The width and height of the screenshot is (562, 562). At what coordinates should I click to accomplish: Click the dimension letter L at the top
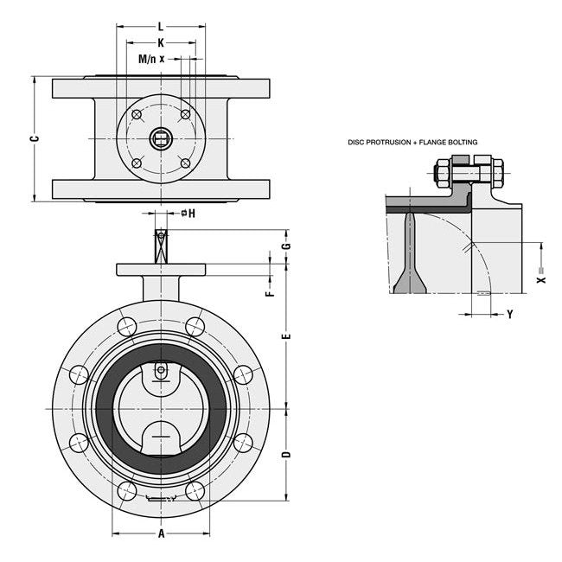161,27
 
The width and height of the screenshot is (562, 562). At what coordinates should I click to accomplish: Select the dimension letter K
161,42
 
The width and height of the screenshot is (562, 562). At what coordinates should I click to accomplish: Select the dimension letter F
270,293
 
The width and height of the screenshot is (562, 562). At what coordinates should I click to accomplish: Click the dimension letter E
286,335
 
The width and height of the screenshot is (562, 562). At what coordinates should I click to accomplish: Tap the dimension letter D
286,455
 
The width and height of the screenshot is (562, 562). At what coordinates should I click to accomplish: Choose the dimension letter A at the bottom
161,533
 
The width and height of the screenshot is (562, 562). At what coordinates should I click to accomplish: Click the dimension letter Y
509,315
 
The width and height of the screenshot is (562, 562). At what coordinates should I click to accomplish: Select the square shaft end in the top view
161,137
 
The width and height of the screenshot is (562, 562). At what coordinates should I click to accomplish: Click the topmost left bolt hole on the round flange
126,327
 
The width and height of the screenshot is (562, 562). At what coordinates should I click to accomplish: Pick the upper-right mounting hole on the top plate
185,114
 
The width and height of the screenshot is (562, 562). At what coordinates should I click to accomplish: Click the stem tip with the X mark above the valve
161,234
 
